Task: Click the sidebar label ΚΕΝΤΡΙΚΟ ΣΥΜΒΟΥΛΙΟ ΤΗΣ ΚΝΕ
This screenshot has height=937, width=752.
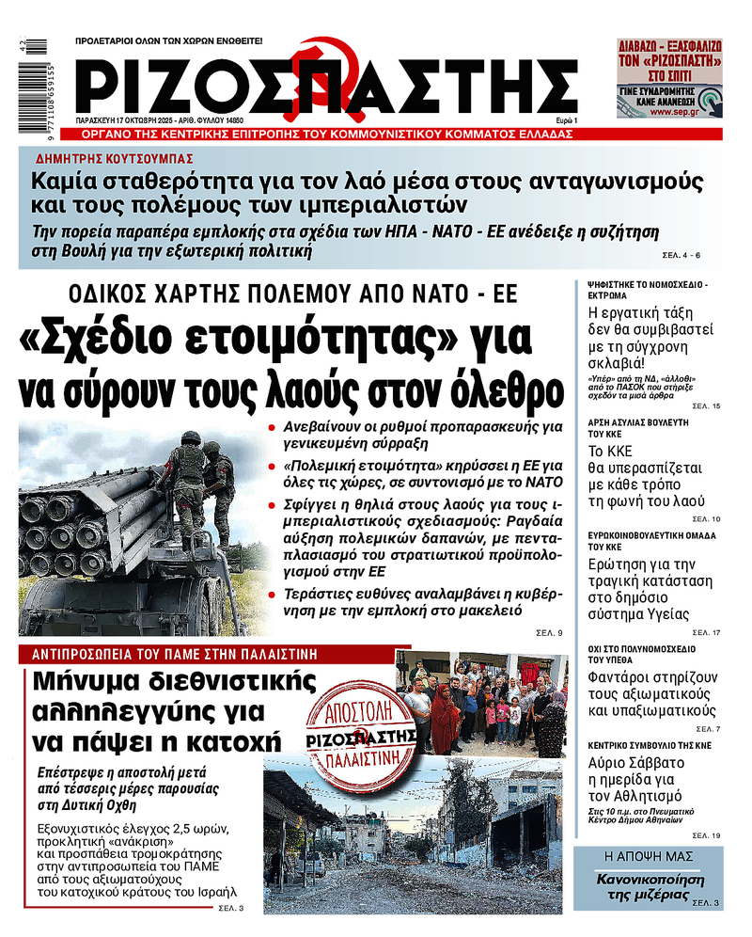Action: click(649, 744)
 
